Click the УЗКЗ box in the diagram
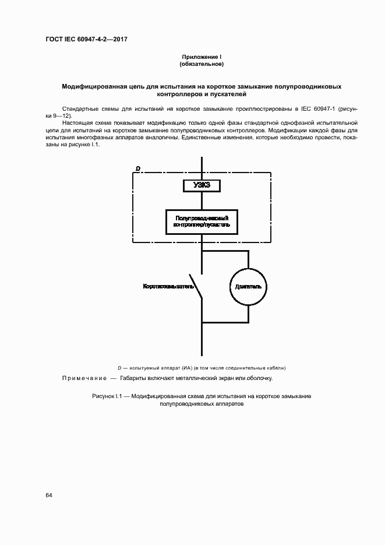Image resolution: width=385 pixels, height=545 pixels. pyautogui.click(x=202, y=185)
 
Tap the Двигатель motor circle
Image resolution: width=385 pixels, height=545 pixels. pyautogui.click(x=248, y=287)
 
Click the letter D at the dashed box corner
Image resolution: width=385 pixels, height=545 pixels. pyautogui.click(x=137, y=168)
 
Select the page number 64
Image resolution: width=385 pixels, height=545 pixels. pyautogui.click(x=49, y=495)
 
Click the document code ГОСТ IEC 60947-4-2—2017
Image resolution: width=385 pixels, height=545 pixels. pyautogui.click(x=86, y=40)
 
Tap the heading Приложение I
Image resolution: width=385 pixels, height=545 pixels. pyautogui.click(x=202, y=57)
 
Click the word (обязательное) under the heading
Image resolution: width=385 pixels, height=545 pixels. pyautogui.click(x=202, y=64)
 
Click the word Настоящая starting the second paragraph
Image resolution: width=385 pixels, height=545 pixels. pyautogui.click(x=77, y=124)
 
